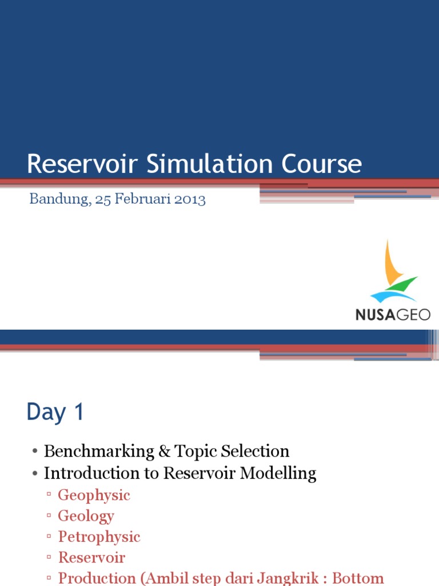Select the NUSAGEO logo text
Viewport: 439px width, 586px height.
(x=393, y=314)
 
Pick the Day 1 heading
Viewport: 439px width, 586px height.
(x=55, y=412)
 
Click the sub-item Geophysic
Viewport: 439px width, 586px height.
(x=94, y=495)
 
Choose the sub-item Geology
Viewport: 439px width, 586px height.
(x=86, y=516)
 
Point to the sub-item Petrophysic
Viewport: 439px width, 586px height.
(x=99, y=537)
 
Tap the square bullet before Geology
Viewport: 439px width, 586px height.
(x=49, y=517)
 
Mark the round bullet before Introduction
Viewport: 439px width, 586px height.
(x=35, y=474)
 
